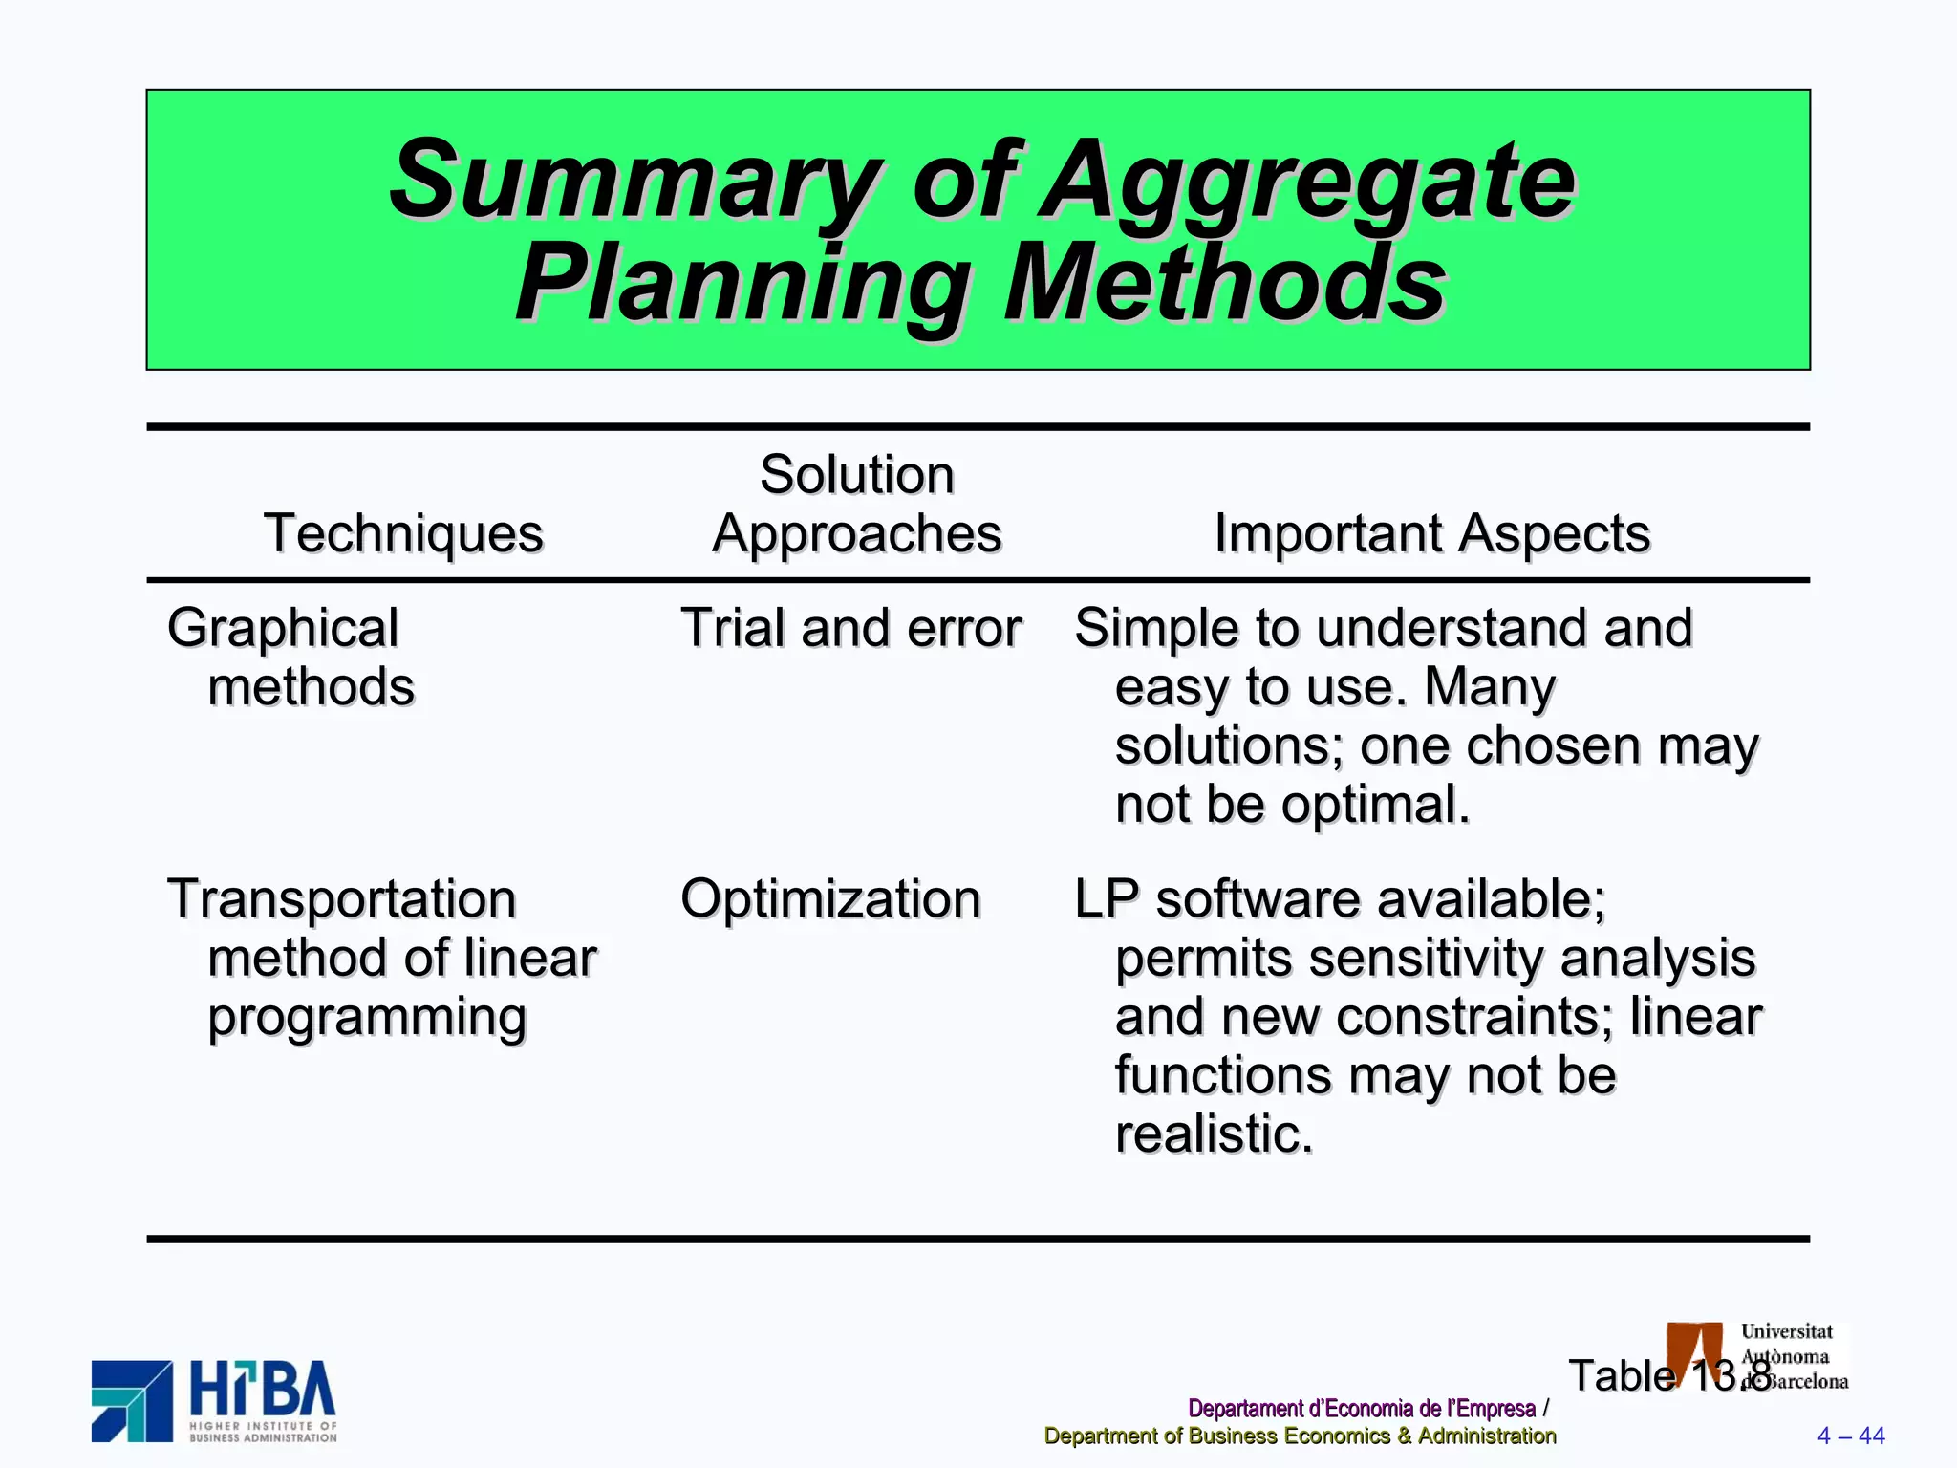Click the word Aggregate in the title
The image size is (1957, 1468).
tap(1307, 182)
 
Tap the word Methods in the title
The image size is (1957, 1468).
tap(1225, 284)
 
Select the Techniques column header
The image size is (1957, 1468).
tap(403, 533)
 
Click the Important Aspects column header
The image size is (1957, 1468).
tap(1431, 533)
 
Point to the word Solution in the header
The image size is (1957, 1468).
tap(857, 475)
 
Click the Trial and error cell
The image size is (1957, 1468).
tap(850, 629)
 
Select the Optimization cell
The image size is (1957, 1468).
tap(830, 899)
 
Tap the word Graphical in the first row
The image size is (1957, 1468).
tap(283, 629)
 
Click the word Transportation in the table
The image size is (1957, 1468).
tap(342, 899)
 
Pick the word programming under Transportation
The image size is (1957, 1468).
tap(367, 1018)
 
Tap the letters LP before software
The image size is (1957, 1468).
tap(1106, 899)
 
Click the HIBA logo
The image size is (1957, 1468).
tap(214, 1400)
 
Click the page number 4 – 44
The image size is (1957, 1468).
tap(1850, 1436)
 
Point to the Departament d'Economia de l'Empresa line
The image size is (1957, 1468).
tap(1361, 1409)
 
